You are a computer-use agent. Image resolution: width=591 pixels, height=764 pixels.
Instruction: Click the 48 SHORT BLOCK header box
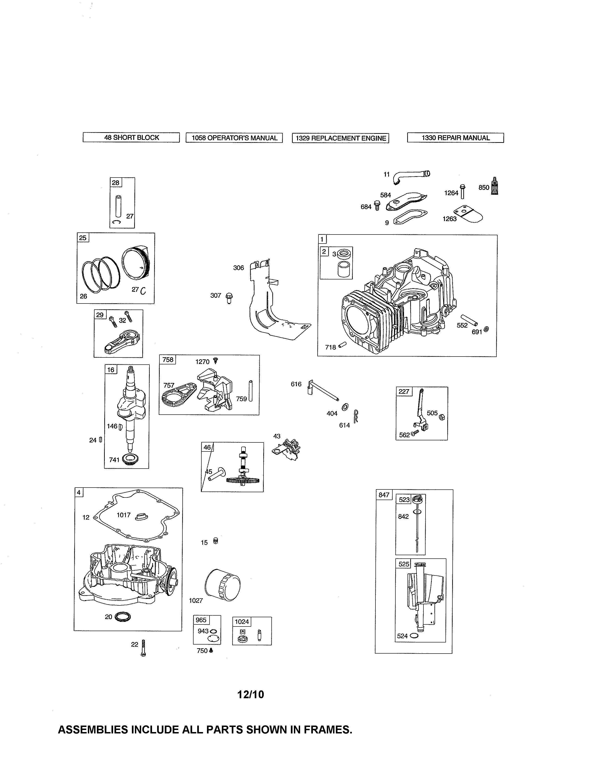tap(131, 138)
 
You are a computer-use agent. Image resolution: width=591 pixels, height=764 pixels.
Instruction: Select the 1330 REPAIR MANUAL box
tap(455, 138)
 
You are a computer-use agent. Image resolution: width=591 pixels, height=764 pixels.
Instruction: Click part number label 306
tap(238, 268)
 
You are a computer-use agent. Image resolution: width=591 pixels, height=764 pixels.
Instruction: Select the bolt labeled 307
tap(229, 298)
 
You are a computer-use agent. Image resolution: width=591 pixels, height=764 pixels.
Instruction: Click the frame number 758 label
tap(168, 360)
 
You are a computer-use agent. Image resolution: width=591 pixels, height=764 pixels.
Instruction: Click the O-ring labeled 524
tap(413, 636)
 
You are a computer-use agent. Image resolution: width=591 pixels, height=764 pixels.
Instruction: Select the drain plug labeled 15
tap(216, 541)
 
